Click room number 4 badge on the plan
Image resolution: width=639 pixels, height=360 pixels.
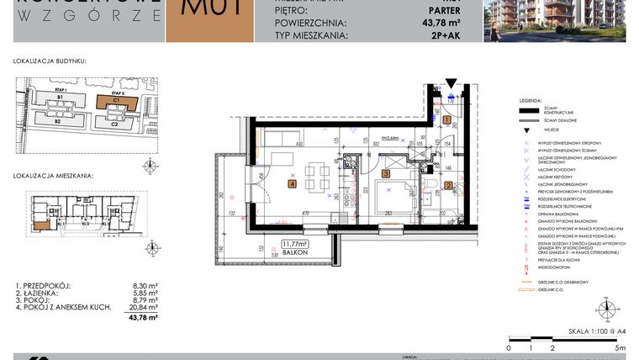click(x=292, y=183)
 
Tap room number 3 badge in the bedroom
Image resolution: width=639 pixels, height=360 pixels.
click(x=385, y=174)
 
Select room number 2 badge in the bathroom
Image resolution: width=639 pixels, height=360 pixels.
click(x=448, y=186)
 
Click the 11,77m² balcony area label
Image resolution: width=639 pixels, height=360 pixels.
click(x=295, y=245)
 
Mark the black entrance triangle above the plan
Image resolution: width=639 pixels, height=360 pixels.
click(x=451, y=83)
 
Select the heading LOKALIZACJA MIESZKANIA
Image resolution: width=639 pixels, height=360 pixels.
click(x=54, y=177)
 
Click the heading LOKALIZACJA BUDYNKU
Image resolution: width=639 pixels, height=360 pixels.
click(x=50, y=61)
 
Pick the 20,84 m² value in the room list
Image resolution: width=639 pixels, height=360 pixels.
click(x=146, y=309)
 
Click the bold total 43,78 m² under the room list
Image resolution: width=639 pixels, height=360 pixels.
click(x=143, y=318)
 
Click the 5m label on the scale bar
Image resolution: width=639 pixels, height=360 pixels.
click(x=619, y=347)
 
